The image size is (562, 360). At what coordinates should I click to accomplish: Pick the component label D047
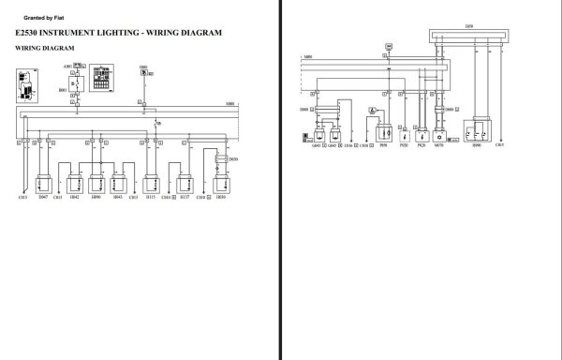[43, 198]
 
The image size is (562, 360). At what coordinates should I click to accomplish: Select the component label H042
[74, 198]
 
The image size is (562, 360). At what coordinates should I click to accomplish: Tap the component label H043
[117, 198]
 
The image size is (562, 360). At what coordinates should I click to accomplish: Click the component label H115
[150, 198]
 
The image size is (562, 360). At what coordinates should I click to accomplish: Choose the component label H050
[220, 198]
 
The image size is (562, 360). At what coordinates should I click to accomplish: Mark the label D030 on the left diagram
[233, 160]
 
